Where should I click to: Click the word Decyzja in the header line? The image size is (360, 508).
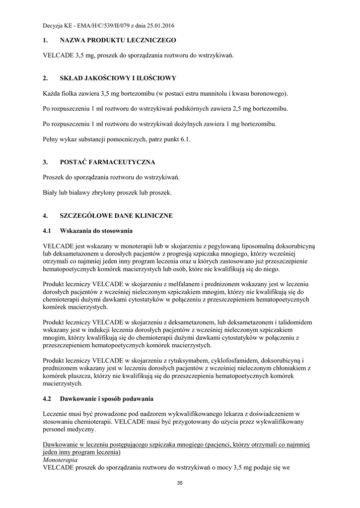(53, 25)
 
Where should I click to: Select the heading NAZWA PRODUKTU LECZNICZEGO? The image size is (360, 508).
(118, 40)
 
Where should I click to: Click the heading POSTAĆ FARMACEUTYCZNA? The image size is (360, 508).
(107, 162)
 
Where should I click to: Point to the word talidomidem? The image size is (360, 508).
(297, 322)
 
